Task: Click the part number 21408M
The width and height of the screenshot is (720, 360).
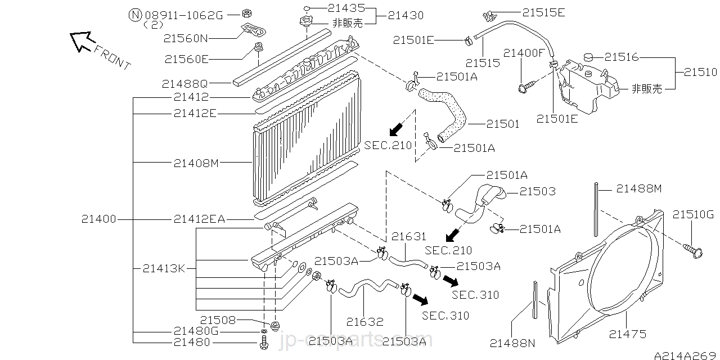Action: coord(195,163)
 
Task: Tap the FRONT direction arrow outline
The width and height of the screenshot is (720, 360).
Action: coord(80,41)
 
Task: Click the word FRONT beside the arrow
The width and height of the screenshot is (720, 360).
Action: coord(112,57)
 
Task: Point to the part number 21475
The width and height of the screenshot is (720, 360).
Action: coord(627,334)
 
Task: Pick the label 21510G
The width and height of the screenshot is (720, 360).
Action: coord(693,214)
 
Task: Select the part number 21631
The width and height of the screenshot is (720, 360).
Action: coord(409,237)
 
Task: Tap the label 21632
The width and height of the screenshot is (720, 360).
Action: coord(364,322)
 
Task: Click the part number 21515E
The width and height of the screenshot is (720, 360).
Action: coord(543,12)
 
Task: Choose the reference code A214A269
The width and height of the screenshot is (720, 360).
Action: coord(686,354)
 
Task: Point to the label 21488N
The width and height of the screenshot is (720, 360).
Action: coord(512,343)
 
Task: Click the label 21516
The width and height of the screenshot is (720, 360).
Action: coord(622,57)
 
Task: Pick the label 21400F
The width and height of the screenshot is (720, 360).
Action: coord(524,53)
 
